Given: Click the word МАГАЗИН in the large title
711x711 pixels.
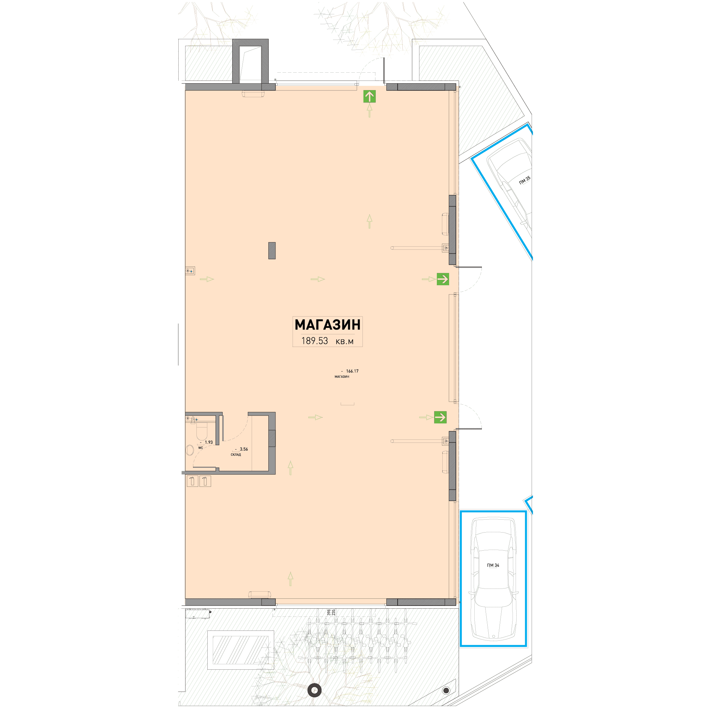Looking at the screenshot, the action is point(327,324).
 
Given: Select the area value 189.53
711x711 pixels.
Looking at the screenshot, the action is point(314,341).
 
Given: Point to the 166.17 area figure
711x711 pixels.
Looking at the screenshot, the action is point(352,371).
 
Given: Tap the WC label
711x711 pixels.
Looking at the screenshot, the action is point(201,448).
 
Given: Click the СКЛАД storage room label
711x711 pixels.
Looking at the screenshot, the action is point(236,455).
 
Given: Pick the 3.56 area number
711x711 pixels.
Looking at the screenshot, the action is point(243,449).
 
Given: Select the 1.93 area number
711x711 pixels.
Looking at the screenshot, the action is point(209,442).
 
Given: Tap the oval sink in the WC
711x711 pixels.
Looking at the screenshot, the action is point(190,450).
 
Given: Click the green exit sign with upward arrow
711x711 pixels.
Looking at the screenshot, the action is point(370,97).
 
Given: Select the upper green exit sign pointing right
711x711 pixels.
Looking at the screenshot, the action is point(443,279).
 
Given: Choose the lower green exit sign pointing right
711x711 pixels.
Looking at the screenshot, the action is point(440,417).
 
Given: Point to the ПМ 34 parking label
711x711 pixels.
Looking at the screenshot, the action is point(493,565).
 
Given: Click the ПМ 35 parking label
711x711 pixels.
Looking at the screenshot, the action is point(525,180).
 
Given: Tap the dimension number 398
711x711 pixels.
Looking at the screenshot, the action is point(329,612).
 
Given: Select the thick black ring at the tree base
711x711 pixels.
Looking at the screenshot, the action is point(315,690).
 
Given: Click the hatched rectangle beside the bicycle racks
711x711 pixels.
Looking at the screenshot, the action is point(241,650).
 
